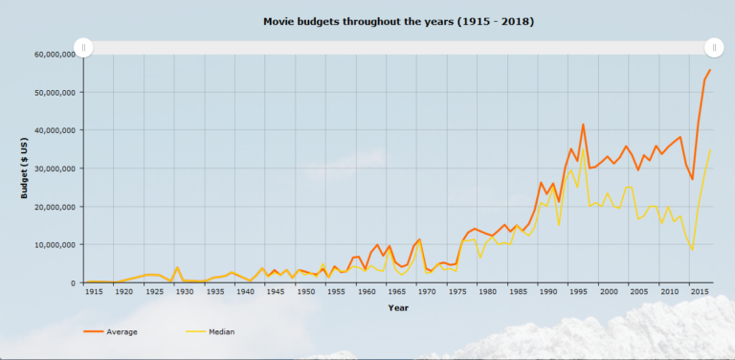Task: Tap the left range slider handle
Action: (83, 47)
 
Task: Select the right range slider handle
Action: (714, 47)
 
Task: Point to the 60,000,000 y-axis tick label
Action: (56, 55)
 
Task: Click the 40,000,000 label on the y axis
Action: (56, 130)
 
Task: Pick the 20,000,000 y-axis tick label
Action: (56, 207)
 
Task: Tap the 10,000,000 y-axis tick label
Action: (56, 245)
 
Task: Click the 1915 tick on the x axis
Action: (93, 291)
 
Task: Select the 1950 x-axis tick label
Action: (305, 291)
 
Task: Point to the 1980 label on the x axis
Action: (487, 291)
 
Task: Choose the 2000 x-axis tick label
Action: (608, 291)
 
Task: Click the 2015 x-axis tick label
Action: (699, 291)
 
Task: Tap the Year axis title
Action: (398, 307)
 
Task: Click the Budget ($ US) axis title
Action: (27, 169)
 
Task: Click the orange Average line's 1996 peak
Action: (583, 124)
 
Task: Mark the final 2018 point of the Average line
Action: (710, 70)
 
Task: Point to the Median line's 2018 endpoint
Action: (710, 149)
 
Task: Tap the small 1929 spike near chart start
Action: (177, 268)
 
